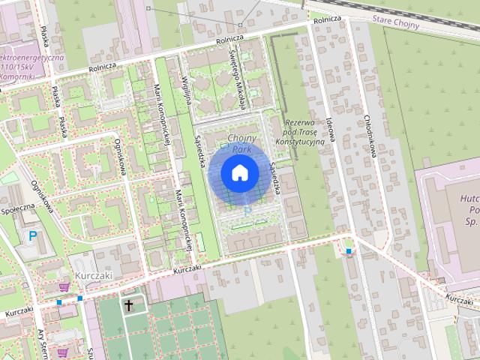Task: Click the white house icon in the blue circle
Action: click(240, 173)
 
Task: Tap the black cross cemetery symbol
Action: click(130, 305)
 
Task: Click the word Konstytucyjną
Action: click(299, 141)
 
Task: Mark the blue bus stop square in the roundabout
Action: click(349, 251)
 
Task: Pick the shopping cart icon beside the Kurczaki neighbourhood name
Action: click(64, 286)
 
